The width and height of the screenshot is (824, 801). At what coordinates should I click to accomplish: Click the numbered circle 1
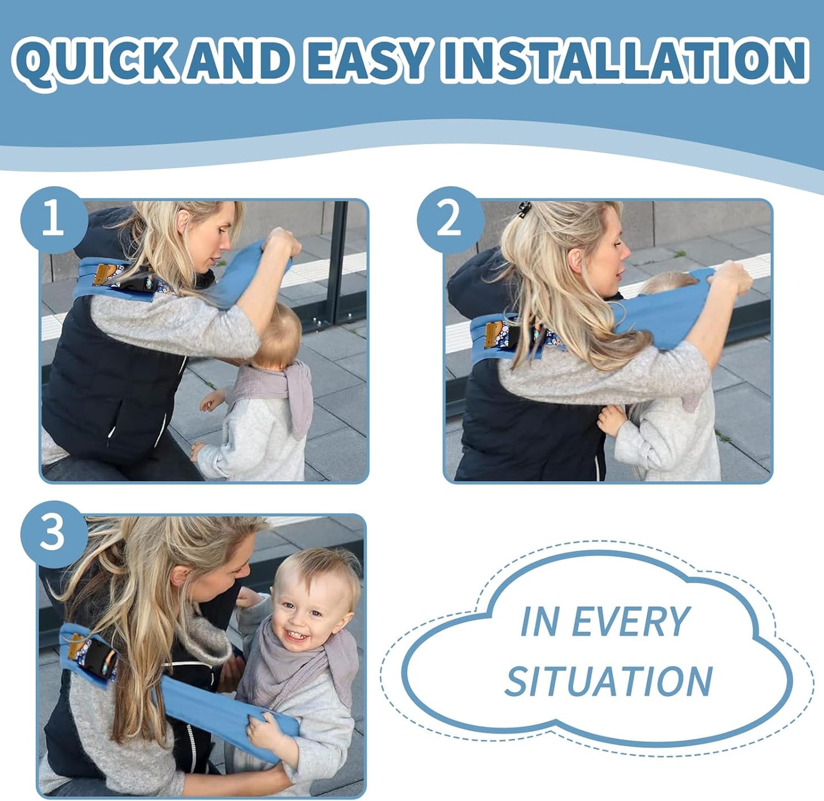(53, 220)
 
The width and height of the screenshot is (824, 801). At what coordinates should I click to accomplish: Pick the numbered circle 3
(53, 534)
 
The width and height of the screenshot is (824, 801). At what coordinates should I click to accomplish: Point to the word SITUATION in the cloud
(608, 681)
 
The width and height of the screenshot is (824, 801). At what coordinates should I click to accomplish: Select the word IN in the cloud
(539, 621)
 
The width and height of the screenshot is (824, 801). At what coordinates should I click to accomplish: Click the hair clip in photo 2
(523, 209)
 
